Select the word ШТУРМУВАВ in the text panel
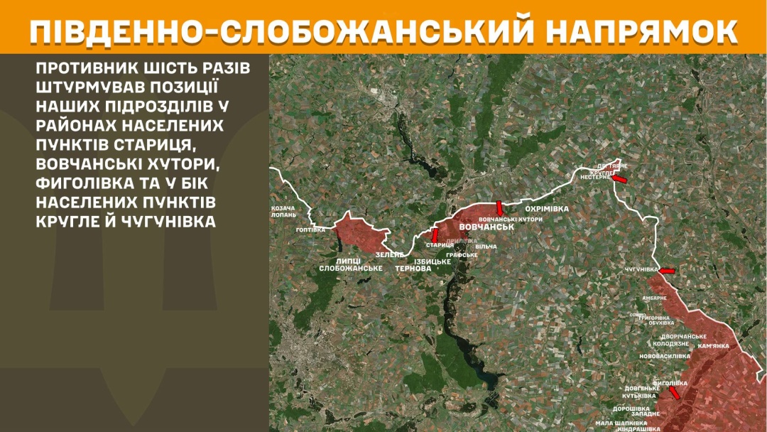tap(89, 87)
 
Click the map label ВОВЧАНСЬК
tap(486, 227)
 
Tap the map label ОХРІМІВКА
tap(546, 209)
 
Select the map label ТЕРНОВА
tap(413, 269)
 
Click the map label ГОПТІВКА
tap(311, 230)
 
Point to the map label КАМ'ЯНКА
tap(714, 346)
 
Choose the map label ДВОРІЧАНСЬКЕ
tap(683, 336)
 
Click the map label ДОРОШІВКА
tap(631, 409)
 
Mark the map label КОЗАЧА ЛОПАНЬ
tap(284, 211)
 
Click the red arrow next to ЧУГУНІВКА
tap(667, 271)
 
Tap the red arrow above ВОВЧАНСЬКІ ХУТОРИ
tap(499, 207)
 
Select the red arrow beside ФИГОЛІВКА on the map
tap(673, 391)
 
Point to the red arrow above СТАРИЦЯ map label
tap(435, 234)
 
